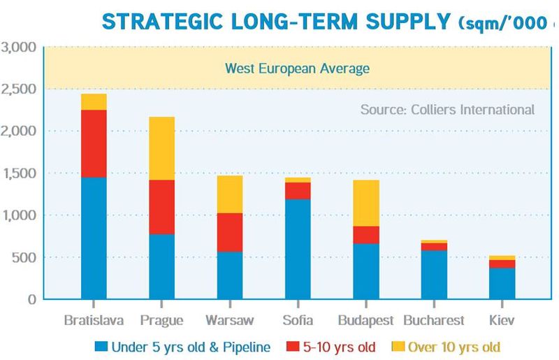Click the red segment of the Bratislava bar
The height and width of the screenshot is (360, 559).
pos(94,143)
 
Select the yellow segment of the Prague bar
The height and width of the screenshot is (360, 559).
pos(162,148)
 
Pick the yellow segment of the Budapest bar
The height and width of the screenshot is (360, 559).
pos(366,203)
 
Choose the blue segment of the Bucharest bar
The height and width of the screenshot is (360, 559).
pos(435,275)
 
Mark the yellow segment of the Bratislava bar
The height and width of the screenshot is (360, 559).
pos(94,102)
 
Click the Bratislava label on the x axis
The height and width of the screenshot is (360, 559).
pos(94,321)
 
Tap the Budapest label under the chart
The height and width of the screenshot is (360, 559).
pos(366,321)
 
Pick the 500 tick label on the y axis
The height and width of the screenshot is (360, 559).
pos(25,257)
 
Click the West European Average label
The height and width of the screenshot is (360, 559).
pos(296,69)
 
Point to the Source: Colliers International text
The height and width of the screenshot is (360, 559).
pos(447,110)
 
